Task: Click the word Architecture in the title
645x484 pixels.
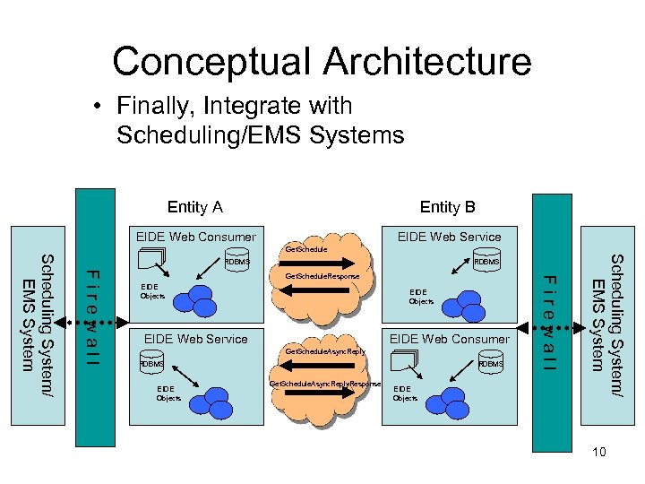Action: (x=427, y=61)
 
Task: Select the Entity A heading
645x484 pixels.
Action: (x=194, y=207)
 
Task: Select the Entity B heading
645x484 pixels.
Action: (x=448, y=207)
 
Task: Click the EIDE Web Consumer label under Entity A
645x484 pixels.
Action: (x=195, y=238)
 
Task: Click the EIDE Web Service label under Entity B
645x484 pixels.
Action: (x=449, y=238)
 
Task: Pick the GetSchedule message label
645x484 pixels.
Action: (x=305, y=248)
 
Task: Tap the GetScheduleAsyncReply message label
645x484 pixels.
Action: (x=325, y=352)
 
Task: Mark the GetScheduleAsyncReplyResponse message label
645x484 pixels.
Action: (x=325, y=384)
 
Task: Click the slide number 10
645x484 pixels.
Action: (x=598, y=452)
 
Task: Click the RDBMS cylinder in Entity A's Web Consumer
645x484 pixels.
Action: (x=237, y=262)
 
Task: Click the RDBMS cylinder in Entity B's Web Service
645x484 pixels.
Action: (x=487, y=262)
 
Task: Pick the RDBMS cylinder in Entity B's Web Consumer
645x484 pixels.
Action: (x=490, y=365)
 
